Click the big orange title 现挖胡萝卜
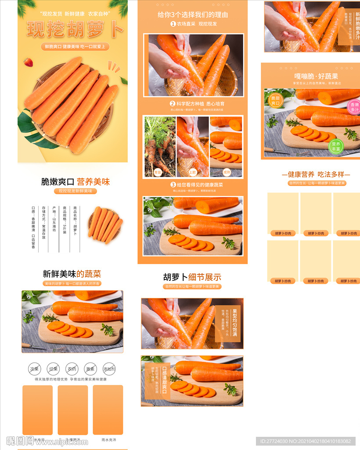pyautogui.click(x=75, y=29)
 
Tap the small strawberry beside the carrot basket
pyautogui.click(x=28, y=62)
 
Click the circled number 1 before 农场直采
pyautogui.click(x=173, y=24)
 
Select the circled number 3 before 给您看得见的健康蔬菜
pyautogui.click(x=173, y=185)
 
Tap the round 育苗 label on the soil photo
pyautogui.click(x=158, y=172)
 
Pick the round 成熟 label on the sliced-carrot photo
pyautogui.click(x=227, y=172)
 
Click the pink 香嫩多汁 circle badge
pyautogui.click(x=353, y=106)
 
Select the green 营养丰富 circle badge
pyautogui.click(x=336, y=146)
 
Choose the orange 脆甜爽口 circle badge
pyautogui.click(x=275, y=101)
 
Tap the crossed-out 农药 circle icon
pyautogui.click(x=71, y=369)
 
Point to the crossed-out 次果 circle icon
pyautogui.click(x=34, y=369)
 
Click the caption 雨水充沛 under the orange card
pyautogui.click(x=108, y=439)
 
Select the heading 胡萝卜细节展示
pyautogui.click(x=192, y=277)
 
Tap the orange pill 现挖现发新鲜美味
pyautogui.click(x=75, y=191)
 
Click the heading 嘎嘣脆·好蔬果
pyautogui.click(x=316, y=76)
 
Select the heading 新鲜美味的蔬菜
pyautogui.click(x=72, y=274)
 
